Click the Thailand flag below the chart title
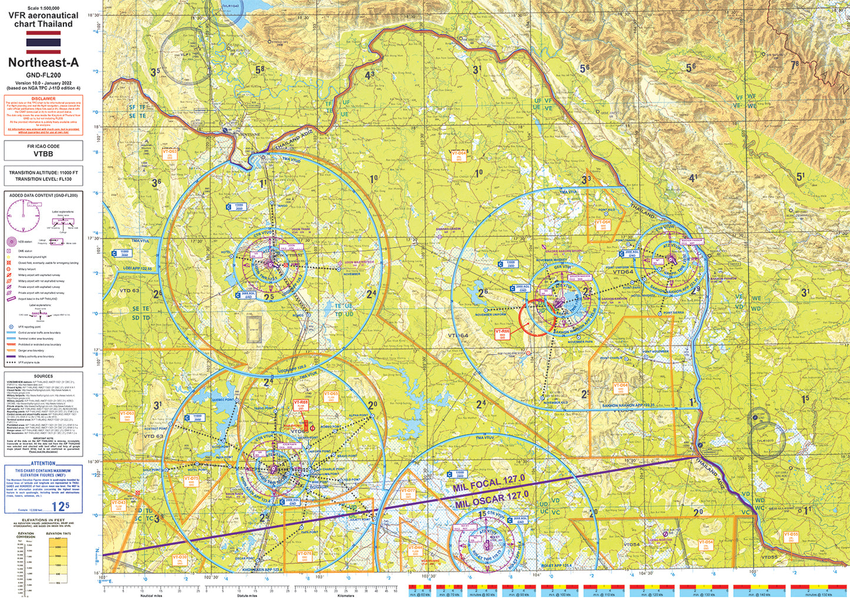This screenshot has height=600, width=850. click(x=43, y=43)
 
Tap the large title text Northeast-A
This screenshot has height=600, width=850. click(x=43, y=63)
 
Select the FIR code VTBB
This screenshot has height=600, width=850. click(x=43, y=154)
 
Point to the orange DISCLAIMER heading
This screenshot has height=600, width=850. click(x=44, y=99)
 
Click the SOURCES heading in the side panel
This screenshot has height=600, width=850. click(x=44, y=376)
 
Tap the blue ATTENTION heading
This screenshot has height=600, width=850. click(x=44, y=464)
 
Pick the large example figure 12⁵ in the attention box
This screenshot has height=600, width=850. click(x=60, y=505)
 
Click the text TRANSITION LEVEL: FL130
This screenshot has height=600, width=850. click(x=44, y=178)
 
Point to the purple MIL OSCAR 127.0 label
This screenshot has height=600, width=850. click(x=492, y=499)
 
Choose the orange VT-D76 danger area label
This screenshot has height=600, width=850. click(x=305, y=555)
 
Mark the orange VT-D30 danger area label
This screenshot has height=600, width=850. click(x=179, y=558)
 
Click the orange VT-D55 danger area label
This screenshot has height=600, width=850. click(x=791, y=536)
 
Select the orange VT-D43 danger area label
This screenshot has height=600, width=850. click(x=118, y=504)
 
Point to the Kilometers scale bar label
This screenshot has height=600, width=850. click(x=346, y=595)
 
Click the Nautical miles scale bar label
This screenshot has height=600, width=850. click(x=151, y=595)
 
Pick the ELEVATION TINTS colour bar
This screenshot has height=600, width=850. click(x=58, y=559)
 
